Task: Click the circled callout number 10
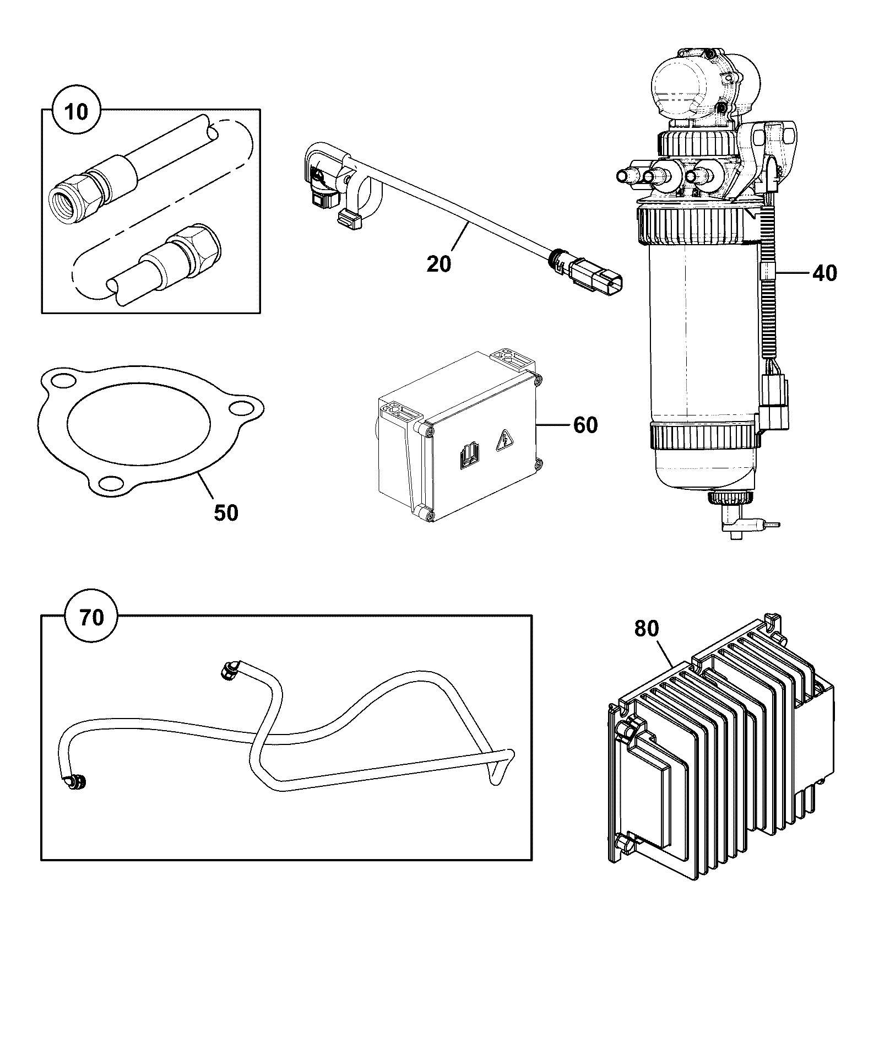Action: click(x=77, y=112)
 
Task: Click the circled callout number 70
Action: click(x=91, y=618)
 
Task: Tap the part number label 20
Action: click(x=439, y=264)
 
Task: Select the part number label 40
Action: click(x=824, y=273)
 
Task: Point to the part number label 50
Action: click(x=226, y=513)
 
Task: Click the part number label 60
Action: click(x=585, y=425)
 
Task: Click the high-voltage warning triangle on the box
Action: click(x=503, y=440)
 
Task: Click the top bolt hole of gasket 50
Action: click(x=64, y=381)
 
